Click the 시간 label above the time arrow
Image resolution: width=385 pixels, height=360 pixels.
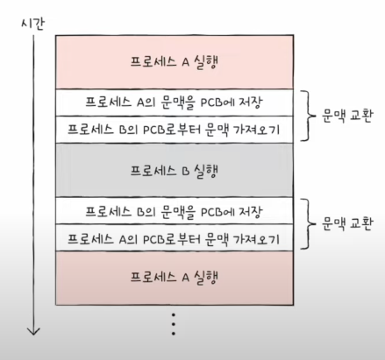tap(33, 24)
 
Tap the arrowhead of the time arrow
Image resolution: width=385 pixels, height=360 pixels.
tap(33, 331)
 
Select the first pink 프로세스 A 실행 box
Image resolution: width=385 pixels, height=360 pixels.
tap(175, 62)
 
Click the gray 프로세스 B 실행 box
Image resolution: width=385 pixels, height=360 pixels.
tap(175, 170)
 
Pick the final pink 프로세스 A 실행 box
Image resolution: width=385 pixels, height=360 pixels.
tap(175, 278)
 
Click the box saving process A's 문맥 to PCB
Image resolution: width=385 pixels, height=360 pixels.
tap(175, 102)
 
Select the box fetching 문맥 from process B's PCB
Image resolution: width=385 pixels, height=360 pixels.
tap(175, 130)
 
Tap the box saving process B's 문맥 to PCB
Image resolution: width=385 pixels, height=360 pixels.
tap(175, 211)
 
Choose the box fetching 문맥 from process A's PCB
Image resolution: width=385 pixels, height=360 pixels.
tap(175, 237)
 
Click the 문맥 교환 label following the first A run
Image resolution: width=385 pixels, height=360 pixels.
tap(347, 116)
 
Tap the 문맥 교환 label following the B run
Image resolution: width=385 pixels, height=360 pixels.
tap(347, 224)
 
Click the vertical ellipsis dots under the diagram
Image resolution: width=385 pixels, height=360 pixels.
tap(174, 324)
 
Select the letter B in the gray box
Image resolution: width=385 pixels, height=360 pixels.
tap(186, 171)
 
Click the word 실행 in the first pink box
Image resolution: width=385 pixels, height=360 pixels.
tap(206, 62)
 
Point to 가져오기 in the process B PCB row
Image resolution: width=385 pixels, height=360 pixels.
tap(256, 130)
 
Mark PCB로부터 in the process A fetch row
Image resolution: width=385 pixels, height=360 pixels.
tap(172, 239)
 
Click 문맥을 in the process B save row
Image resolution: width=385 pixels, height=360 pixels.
tap(178, 211)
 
